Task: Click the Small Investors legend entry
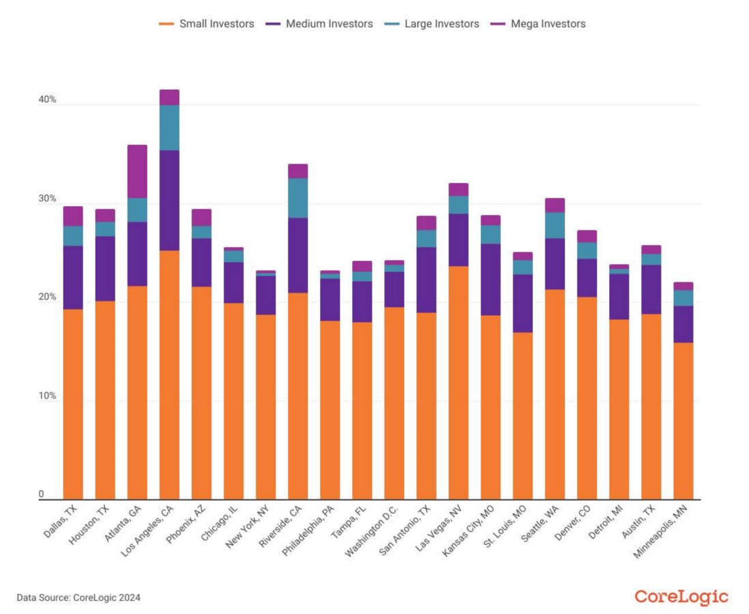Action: tap(207, 24)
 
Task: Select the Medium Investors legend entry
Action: tap(319, 24)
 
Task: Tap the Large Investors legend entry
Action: tap(432, 24)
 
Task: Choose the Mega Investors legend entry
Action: tap(539, 24)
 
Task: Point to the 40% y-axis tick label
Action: tap(48, 100)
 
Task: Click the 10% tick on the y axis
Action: tap(48, 396)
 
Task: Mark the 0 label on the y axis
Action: tap(41, 494)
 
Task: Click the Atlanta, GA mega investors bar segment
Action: tap(137, 171)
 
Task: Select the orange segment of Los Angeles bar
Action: tap(169, 374)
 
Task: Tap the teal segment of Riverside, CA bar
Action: tap(298, 198)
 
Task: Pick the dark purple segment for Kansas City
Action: tap(490, 279)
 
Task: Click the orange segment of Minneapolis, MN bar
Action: tap(683, 421)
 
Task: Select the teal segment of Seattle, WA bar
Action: tap(555, 225)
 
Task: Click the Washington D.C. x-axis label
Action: tap(373, 531)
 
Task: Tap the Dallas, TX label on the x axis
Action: tap(61, 521)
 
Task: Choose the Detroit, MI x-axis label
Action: tap(606, 521)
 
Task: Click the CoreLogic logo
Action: tap(681, 597)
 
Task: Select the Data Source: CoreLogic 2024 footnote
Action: tap(78, 598)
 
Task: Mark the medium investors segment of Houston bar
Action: tap(105, 268)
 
